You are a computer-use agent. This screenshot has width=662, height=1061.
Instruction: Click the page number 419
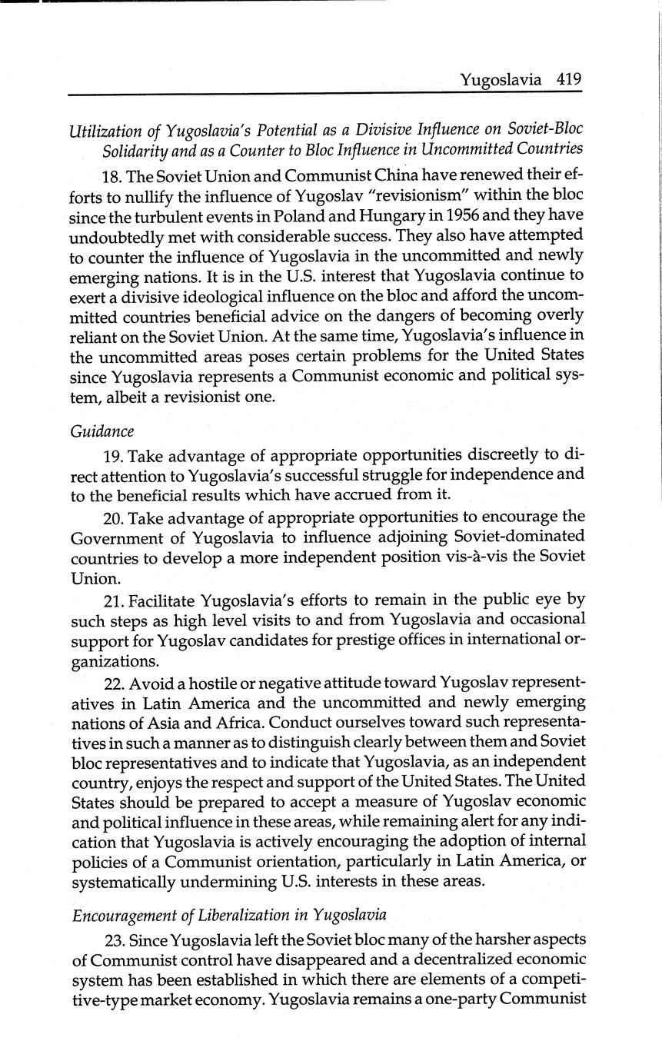coord(568,79)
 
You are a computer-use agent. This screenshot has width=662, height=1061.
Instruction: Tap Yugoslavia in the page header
coord(501,80)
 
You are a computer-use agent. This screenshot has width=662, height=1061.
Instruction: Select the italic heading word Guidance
coord(101,431)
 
